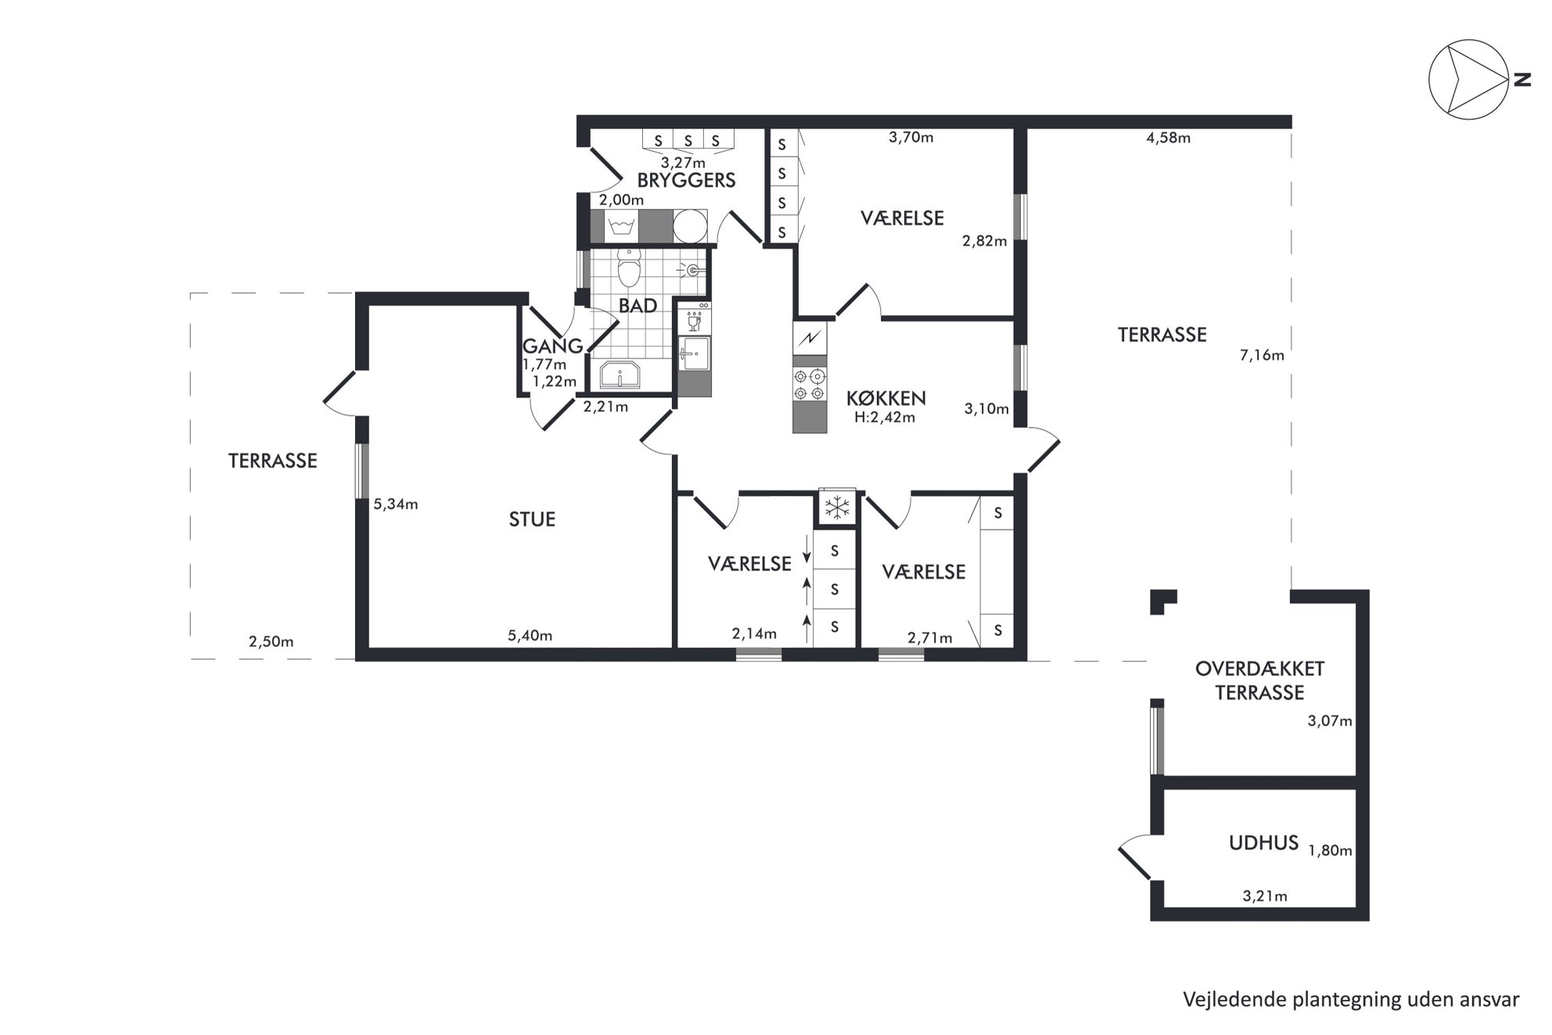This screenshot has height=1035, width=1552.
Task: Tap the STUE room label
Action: point(532,519)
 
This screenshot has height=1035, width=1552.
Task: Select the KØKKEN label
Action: point(886,398)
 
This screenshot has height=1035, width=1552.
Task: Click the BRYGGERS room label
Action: point(686,181)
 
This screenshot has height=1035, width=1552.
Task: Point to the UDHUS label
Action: point(1263,843)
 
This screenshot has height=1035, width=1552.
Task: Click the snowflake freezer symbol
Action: point(837,509)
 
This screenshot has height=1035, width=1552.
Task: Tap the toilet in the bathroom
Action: point(629,268)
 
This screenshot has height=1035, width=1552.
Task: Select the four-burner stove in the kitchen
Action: point(810,385)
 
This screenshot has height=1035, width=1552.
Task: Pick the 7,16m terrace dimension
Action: point(1262,355)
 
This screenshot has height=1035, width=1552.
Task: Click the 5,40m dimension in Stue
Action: point(530,635)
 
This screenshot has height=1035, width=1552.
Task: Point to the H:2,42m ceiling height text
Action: point(884,418)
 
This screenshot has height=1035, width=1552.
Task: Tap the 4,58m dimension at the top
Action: point(1168,138)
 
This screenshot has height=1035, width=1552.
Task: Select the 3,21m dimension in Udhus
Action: point(1265,897)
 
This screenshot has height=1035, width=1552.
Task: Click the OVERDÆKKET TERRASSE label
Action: point(1259,681)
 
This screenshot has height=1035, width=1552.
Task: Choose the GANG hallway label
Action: point(552,346)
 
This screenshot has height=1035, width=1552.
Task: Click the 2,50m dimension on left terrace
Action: point(271,642)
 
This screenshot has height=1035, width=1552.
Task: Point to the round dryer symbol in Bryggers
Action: point(690,226)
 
